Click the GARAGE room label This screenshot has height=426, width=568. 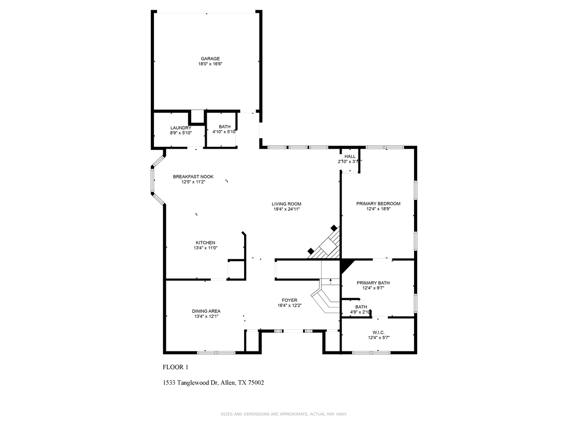tap(210, 59)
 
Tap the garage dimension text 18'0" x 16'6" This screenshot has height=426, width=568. tap(210, 64)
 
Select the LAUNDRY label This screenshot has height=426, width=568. tap(181, 128)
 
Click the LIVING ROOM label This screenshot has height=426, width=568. tap(286, 204)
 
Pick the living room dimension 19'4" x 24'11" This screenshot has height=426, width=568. tap(286, 209)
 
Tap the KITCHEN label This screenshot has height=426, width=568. tap(205, 243)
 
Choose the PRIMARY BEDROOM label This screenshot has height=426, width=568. tap(378, 204)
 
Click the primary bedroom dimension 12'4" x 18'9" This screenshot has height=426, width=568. tap(378, 209)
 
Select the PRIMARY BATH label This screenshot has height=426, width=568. tap(373, 283)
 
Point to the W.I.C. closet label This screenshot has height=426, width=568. tap(379, 332)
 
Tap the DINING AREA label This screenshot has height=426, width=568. tap(206, 311)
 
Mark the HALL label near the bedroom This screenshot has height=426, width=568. tap(350, 157)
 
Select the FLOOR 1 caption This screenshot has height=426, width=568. tap(176, 367)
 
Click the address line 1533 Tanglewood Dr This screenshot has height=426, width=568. tap(213, 383)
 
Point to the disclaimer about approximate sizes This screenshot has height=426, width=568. tap(284, 414)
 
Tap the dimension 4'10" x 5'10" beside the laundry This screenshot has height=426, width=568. tap(225, 132)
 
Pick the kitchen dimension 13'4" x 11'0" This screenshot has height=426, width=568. tap(205, 248)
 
